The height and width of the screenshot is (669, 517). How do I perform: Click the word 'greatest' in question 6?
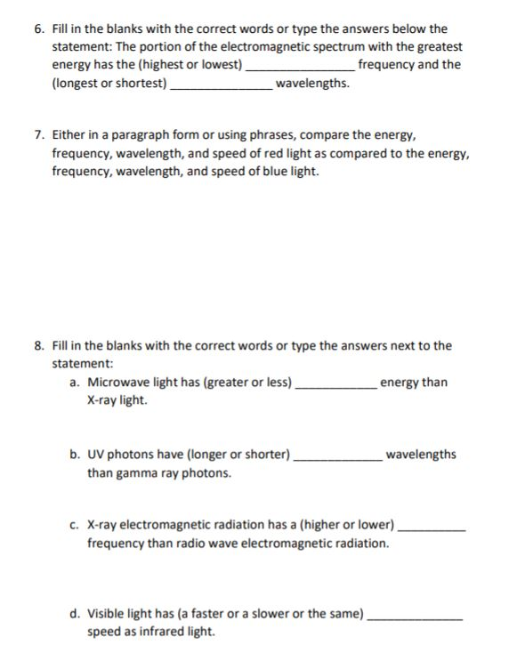pyautogui.click(x=439, y=46)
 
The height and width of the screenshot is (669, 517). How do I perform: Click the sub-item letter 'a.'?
pyautogui.click(x=75, y=383)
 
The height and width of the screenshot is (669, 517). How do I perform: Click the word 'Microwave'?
pyautogui.click(x=117, y=383)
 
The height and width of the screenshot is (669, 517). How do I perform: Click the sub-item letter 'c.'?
pyautogui.click(x=75, y=525)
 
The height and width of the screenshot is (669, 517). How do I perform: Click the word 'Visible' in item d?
pyautogui.click(x=107, y=614)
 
